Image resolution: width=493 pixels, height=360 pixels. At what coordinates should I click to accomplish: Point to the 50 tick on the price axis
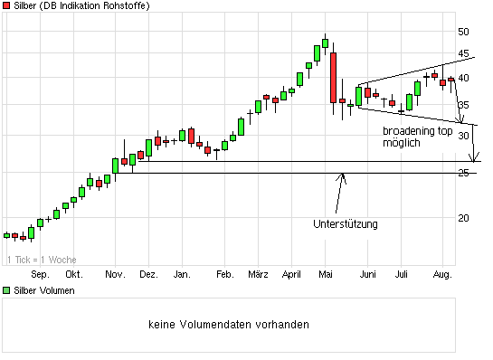pyautogui.click(x=463, y=32)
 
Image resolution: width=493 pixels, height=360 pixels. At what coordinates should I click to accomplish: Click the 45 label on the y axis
pyautogui.click(x=463, y=54)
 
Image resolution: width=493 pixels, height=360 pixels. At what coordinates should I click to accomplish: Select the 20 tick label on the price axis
pyautogui.click(x=463, y=218)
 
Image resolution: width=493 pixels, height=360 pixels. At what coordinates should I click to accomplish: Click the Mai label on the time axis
pyautogui.click(x=327, y=273)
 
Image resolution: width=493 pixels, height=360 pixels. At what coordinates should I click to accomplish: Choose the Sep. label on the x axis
pyautogui.click(x=40, y=273)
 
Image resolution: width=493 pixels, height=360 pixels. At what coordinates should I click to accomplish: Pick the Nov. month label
pyautogui.click(x=115, y=273)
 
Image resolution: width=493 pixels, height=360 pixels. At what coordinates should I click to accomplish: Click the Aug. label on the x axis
pyautogui.click(x=441, y=273)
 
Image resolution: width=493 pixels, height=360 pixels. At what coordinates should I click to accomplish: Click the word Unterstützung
pyautogui.click(x=345, y=224)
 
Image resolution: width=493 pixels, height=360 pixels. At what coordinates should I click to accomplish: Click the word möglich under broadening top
pyautogui.click(x=401, y=143)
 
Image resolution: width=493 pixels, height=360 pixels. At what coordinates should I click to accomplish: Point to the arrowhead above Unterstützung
pyautogui.click(x=341, y=175)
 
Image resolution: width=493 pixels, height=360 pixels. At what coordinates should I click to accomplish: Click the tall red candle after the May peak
pyautogui.click(x=333, y=77)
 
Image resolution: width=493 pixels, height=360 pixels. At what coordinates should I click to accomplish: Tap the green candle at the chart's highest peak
pyautogui.click(x=325, y=43)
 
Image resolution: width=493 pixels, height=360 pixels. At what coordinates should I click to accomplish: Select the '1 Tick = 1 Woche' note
pyautogui.click(x=42, y=260)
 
